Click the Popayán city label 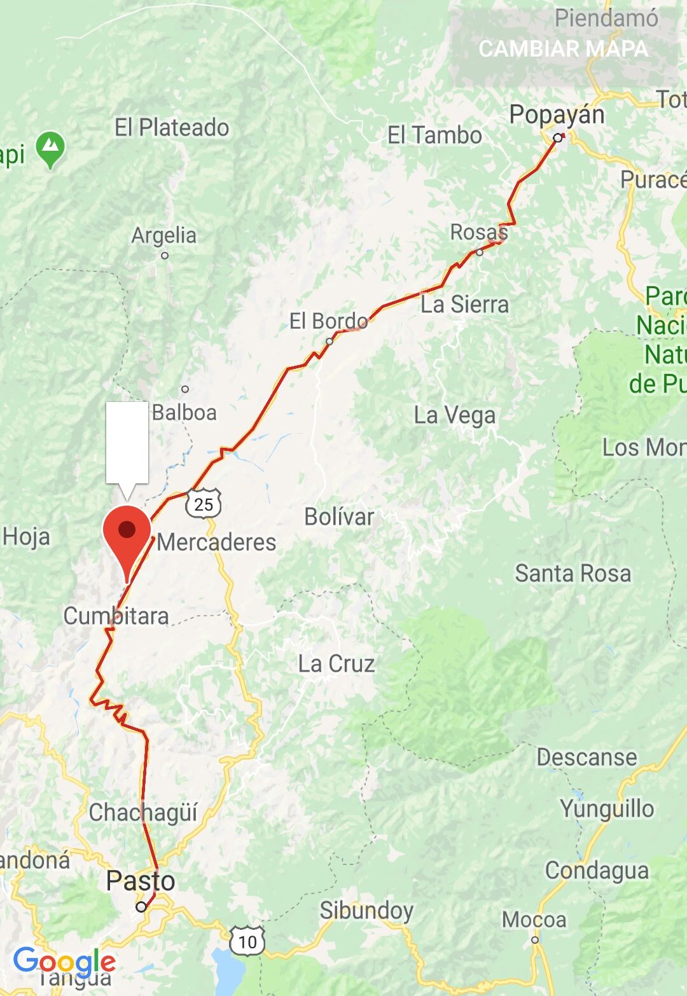(557, 115)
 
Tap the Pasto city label (140, 881)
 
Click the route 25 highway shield (204, 504)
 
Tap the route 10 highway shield (247, 941)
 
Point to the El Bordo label (328, 321)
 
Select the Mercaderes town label (216, 542)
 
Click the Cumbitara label (116, 616)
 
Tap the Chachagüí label (143, 812)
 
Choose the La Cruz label (337, 664)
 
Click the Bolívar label (339, 516)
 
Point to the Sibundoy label (366, 910)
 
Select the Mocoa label (534, 920)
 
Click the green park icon (50, 149)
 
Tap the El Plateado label (172, 127)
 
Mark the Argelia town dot (165, 256)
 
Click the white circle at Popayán (557, 137)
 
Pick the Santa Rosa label (572, 573)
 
